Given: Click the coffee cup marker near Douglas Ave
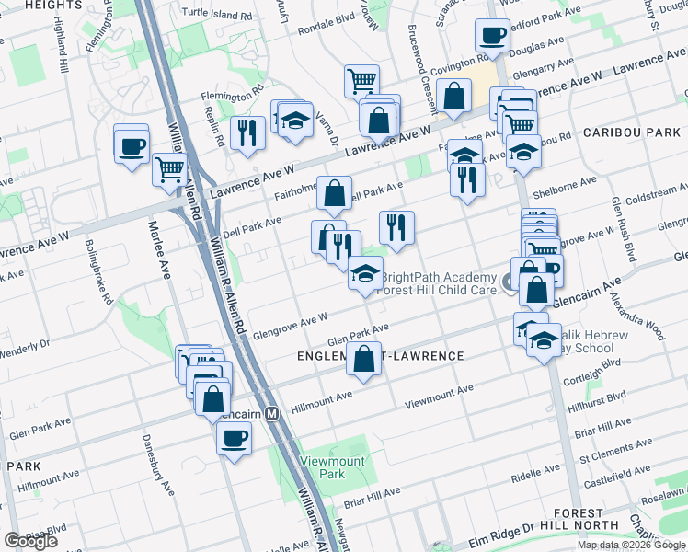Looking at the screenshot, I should point(492,37).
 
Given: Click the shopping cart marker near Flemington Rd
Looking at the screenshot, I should point(361,81).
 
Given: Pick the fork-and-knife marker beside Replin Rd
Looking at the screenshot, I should point(247,133).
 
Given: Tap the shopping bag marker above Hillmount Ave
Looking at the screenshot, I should point(364,360).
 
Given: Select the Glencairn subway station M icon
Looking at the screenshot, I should point(272,414).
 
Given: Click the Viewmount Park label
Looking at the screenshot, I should point(316,466).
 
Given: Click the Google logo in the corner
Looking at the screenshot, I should point(30,541).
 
